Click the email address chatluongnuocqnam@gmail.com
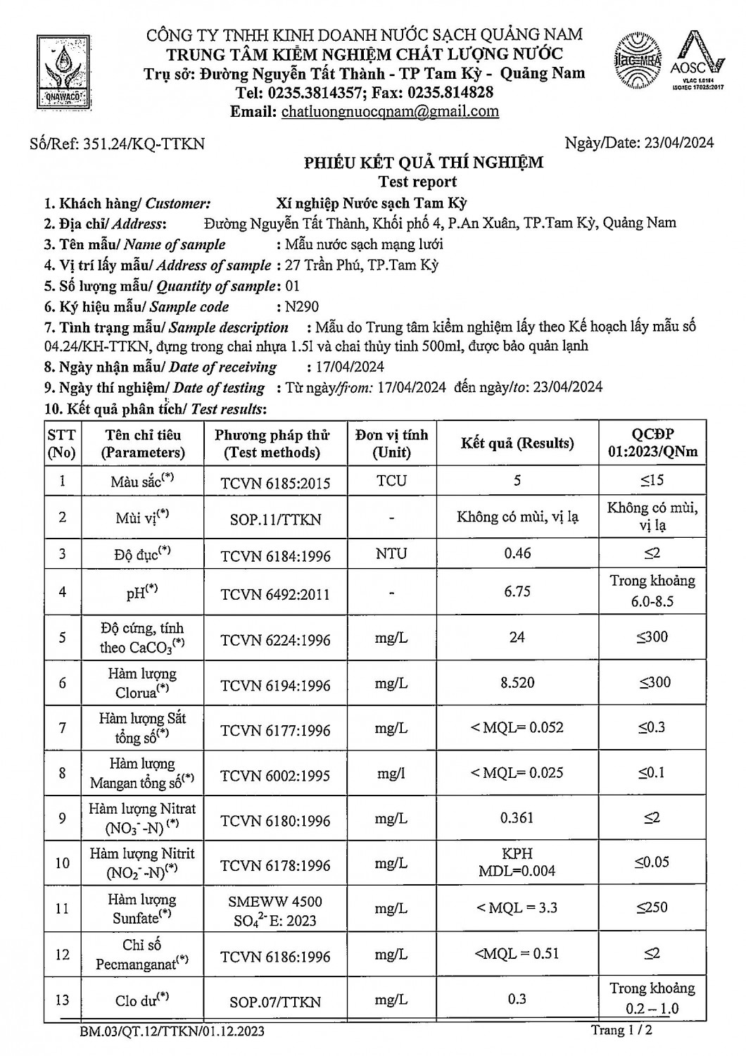(390, 111)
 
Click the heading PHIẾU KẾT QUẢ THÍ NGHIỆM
(424, 163)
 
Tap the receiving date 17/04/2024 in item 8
(346, 367)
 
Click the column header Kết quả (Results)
(517, 444)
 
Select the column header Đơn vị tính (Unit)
(391, 444)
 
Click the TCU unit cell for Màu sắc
(391, 481)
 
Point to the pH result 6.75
(517, 591)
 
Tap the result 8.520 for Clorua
(517, 682)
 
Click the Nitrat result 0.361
(517, 818)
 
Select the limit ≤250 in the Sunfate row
(652, 907)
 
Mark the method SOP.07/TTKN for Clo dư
(275, 1002)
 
